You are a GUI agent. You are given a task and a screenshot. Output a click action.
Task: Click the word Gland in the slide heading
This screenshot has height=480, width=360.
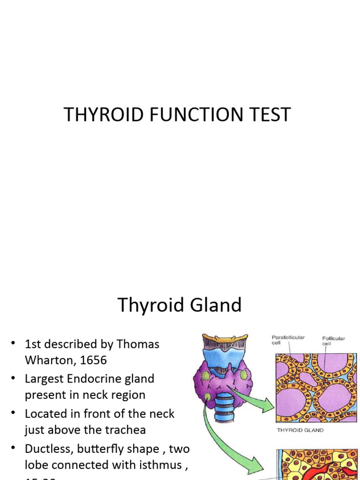(x=216, y=305)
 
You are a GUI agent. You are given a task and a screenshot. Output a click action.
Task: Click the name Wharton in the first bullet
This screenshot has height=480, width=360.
(x=49, y=360)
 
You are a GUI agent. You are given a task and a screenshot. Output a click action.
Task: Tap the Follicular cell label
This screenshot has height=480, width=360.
(x=334, y=341)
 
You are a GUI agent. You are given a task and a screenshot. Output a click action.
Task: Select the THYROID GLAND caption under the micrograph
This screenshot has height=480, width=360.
(x=300, y=430)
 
